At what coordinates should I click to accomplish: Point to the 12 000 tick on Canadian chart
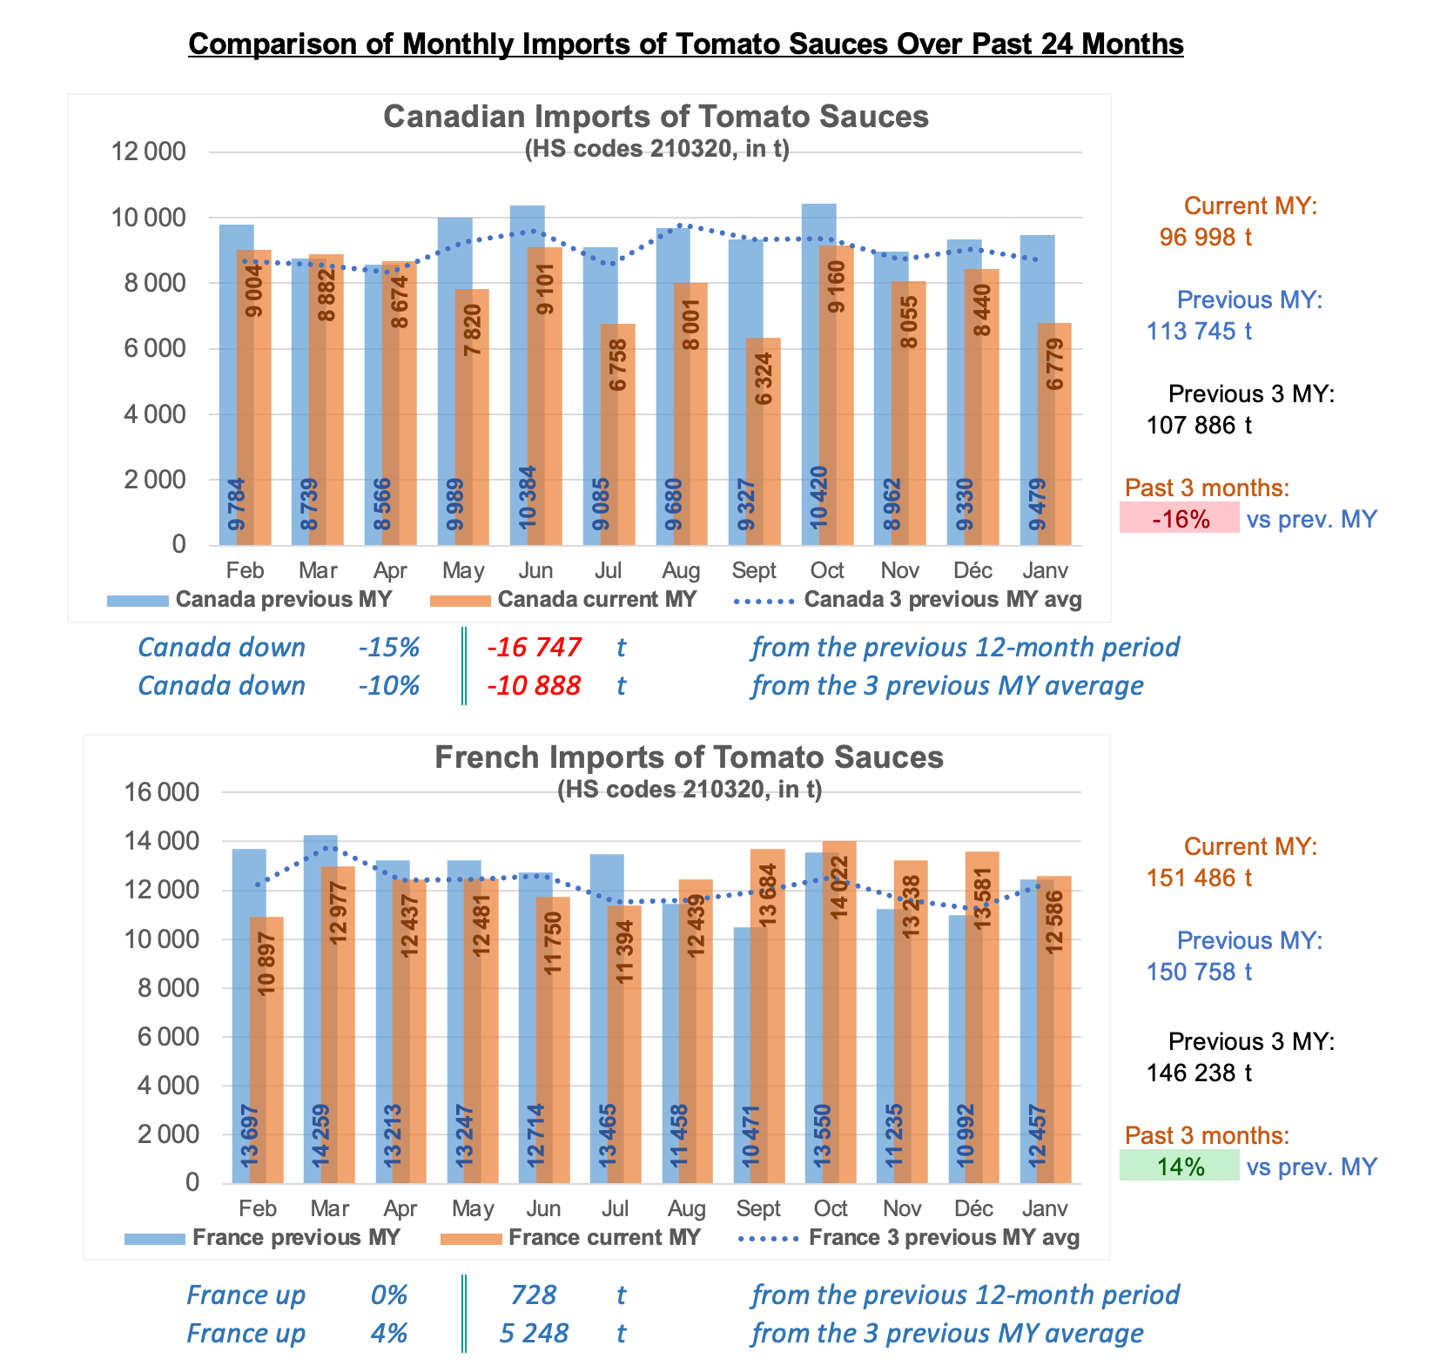148,152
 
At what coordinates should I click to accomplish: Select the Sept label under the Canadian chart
754,571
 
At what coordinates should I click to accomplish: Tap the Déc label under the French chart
973,1209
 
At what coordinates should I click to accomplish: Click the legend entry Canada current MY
596,600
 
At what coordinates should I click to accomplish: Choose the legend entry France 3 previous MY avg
944,1238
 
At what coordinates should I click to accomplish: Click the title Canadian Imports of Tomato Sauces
656,117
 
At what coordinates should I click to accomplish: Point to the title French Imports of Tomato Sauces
689,757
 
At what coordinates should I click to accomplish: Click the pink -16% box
1180,519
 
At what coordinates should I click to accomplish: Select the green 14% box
1180,1167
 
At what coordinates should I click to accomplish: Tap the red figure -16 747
534,648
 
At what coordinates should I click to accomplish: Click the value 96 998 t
1205,238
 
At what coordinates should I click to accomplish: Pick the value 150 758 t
1199,972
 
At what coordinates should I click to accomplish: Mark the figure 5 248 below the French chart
534,1334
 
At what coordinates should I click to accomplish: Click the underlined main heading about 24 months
686,44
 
